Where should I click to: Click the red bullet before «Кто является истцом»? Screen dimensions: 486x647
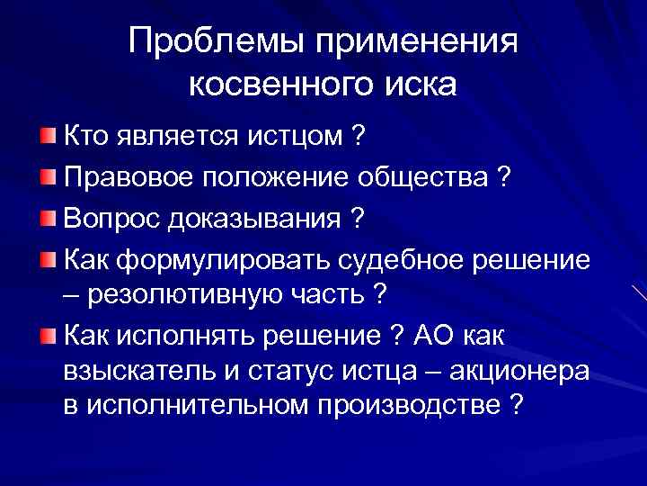(47, 136)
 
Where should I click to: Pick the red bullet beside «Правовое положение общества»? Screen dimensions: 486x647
(47, 177)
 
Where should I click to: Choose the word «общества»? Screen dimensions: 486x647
(428, 177)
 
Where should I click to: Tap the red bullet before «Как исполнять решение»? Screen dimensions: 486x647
(47, 337)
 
